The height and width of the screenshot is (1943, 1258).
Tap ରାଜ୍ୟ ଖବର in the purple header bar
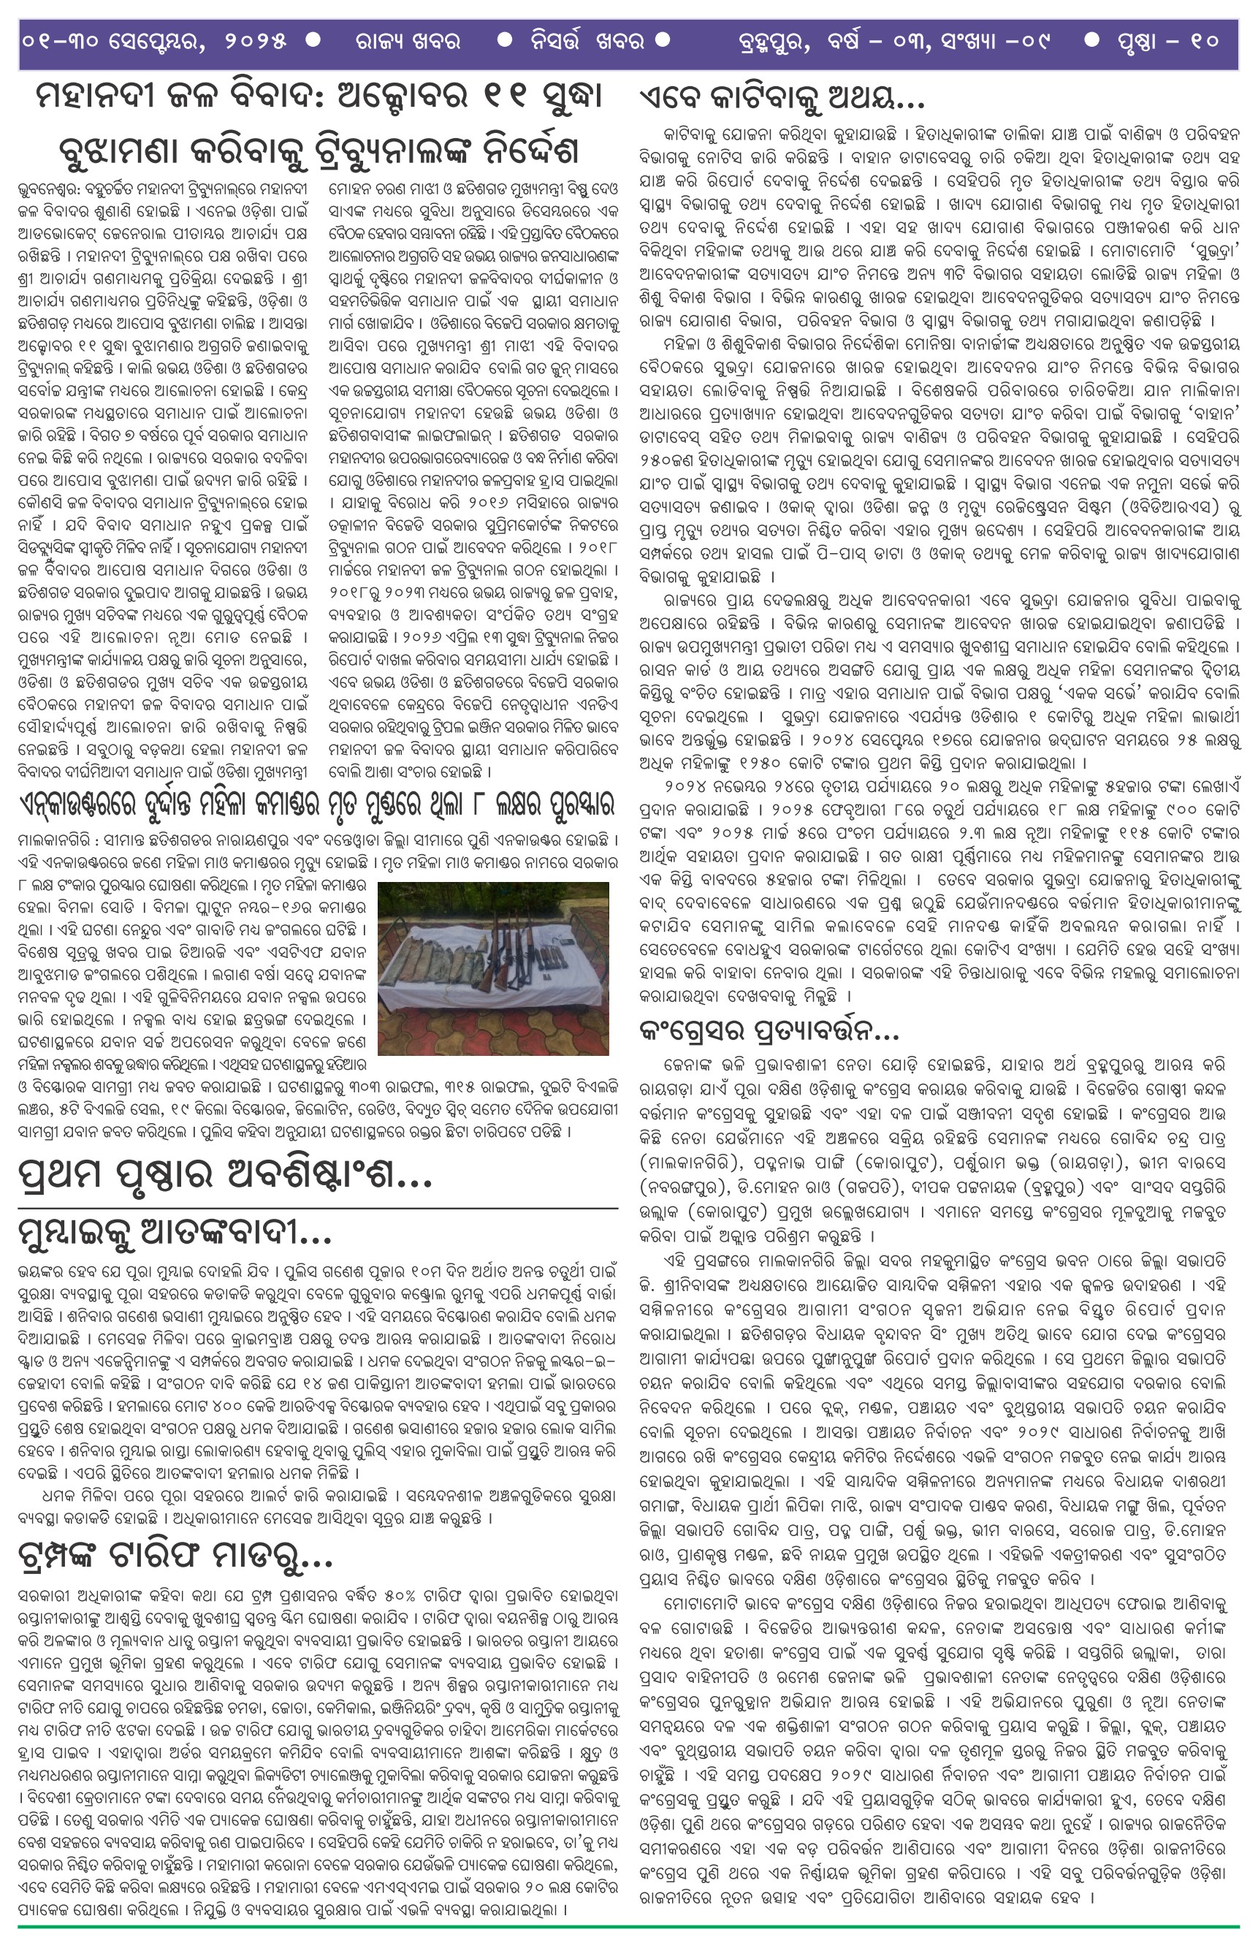(408, 40)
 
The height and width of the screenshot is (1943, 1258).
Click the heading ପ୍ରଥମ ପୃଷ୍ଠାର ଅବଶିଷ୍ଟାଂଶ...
(224, 1176)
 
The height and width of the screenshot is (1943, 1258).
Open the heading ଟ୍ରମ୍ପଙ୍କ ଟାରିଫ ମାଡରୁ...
(175, 1558)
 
